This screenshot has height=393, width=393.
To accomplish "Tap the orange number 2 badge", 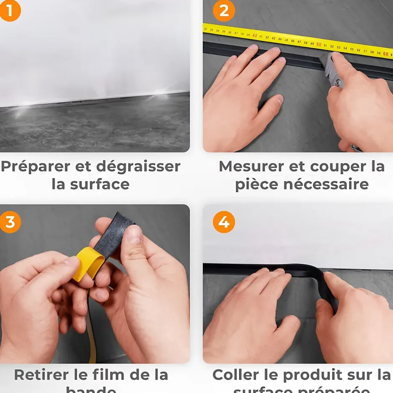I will click(224, 10).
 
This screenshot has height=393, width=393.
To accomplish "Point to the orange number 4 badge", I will click(224, 222).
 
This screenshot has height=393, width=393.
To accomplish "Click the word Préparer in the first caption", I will click(36, 166).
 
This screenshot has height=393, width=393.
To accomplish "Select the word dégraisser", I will click(138, 166).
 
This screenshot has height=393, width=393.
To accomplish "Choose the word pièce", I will click(255, 184).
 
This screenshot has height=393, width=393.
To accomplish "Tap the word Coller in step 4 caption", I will click(235, 375).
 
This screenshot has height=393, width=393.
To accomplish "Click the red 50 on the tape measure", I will click(319, 45).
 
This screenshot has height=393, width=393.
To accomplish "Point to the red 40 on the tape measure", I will click(255, 36).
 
